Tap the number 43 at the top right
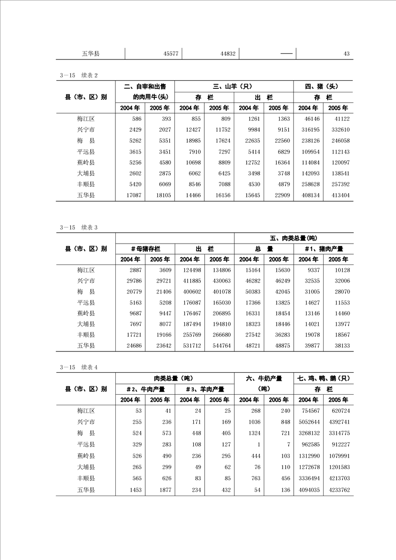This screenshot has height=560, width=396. coord(347,53)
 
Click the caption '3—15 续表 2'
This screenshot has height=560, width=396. coord(79,75)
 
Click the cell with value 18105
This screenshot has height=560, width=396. coord(163,195)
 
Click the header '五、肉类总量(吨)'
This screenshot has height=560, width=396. coord(293,237)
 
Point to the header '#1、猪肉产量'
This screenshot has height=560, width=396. coord(323,248)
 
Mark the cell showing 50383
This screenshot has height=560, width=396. coord(249,291)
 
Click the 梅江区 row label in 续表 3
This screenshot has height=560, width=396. coord(86,270)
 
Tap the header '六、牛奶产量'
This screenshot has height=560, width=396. coord(264,378)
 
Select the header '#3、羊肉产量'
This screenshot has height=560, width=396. coord(204,389)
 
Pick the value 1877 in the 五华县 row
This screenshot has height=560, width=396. coord(163,490)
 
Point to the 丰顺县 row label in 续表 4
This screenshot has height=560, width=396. coord(86,478)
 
